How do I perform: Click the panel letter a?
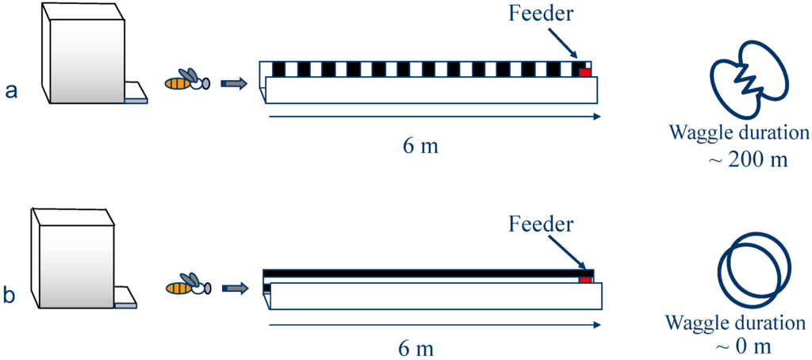(x=11, y=90)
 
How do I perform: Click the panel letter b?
(x=10, y=296)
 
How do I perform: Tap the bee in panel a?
(x=188, y=80)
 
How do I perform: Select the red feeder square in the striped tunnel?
(x=585, y=72)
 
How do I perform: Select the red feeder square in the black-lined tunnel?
(x=585, y=280)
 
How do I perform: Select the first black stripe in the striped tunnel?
(x=278, y=69)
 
